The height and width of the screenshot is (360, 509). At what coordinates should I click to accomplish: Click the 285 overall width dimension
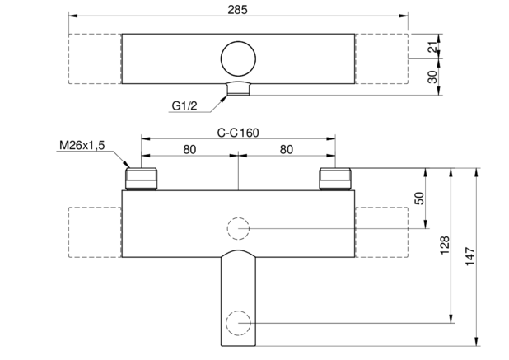[x=237, y=10]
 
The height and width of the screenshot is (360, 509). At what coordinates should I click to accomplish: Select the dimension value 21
[x=432, y=47]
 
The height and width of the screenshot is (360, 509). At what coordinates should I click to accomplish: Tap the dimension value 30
[x=432, y=77]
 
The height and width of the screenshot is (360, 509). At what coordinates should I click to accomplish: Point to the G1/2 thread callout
[x=184, y=105]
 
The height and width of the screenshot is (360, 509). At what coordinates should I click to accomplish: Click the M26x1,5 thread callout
[x=82, y=146]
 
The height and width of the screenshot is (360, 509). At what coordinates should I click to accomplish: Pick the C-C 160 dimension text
[x=238, y=133]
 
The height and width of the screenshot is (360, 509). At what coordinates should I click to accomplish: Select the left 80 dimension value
[x=189, y=150]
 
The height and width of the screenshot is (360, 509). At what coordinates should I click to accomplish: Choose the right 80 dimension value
[x=287, y=150]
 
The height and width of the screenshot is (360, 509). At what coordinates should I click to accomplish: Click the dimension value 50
[x=419, y=199]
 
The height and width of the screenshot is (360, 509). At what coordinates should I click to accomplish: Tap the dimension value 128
[x=445, y=245]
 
